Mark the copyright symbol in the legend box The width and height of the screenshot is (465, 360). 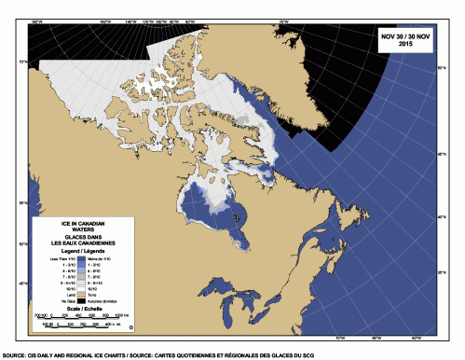pos(131,328)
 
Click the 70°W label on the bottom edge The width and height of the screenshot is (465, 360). pos(338,338)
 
